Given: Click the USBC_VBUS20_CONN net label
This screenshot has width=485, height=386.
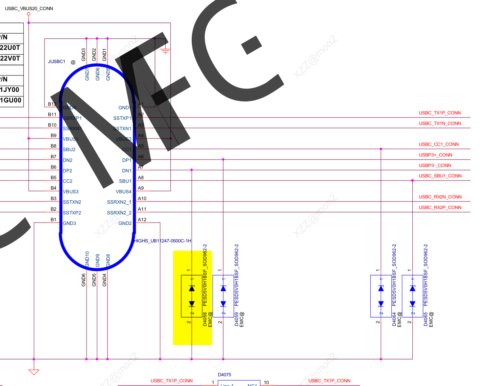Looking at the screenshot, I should tap(29, 8).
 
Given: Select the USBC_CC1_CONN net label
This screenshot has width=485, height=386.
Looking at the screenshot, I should tap(439, 144).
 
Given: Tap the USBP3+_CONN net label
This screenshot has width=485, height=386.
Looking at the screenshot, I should tap(435, 155).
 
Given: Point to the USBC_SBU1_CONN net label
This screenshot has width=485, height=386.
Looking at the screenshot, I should tap(440, 176).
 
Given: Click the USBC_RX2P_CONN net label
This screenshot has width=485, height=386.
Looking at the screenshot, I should tap(440, 207).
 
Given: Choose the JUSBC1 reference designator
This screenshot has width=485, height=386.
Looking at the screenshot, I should tap(56, 62).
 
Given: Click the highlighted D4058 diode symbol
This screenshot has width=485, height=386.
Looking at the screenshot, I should tap(192, 296).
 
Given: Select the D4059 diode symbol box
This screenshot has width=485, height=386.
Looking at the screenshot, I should tap(223, 296).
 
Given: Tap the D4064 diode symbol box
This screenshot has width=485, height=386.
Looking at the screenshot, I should tap(381, 296).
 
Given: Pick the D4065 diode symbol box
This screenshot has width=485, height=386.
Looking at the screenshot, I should tap(412, 296).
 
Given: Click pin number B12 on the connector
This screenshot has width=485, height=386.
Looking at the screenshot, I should tap(52, 104).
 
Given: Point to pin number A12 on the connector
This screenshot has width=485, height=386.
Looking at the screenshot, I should tap(142, 220).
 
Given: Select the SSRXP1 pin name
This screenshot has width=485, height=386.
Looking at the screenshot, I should tap(72, 118).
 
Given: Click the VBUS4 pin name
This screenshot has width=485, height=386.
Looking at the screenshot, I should tap(123, 192).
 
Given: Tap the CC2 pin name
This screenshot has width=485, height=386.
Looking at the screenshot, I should tap(67, 181).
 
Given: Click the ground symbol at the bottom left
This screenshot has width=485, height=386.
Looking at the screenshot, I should tap(34, 372).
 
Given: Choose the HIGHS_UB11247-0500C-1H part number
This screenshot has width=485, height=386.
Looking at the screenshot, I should tap(163, 241).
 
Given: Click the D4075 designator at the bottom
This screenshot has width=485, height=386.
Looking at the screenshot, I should tap(225, 375).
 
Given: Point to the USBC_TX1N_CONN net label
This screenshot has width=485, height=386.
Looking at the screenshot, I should tap(440, 124).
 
